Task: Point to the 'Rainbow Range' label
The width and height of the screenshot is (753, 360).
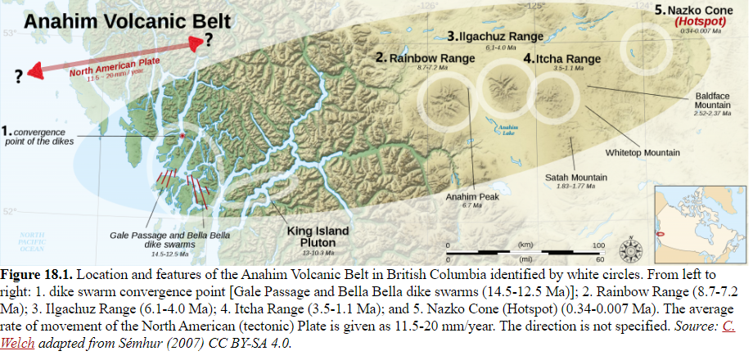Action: pos(417,58)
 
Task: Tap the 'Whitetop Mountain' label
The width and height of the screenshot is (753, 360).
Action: pos(643,152)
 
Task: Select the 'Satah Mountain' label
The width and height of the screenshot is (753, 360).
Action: pos(576,177)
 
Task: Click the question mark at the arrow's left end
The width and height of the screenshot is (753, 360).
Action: pos(18,77)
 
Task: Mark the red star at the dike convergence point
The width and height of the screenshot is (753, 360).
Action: pos(182,135)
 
